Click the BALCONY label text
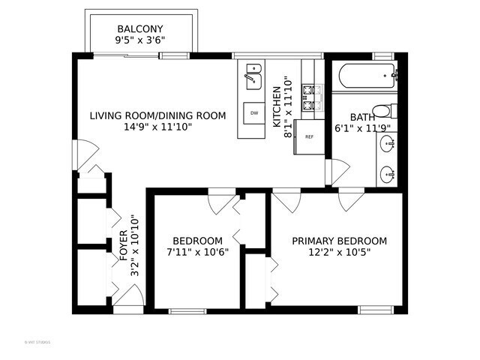[x=141, y=28]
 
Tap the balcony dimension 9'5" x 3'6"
[x=141, y=40]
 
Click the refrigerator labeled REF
[x=309, y=137]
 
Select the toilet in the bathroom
[x=383, y=111]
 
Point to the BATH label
[x=362, y=117]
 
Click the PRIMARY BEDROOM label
[x=339, y=241]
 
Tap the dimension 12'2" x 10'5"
[x=339, y=253]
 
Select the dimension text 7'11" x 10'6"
[x=196, y=253]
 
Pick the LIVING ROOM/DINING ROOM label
[x=157, y=115]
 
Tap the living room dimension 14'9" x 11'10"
[x=157, y=127]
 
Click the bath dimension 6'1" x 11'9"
[x=362, y=128]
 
